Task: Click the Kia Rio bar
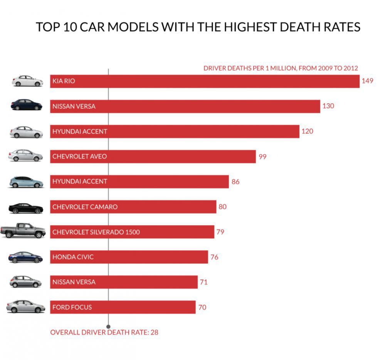205,81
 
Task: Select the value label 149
367,81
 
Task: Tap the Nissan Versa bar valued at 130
185,106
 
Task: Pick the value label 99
262,156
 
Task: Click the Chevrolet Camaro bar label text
85,207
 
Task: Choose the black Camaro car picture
25,208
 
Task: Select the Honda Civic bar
129,257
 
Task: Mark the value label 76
214,257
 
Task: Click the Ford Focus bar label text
72,308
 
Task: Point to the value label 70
202,308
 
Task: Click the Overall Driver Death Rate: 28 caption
104,332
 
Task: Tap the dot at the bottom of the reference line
108,327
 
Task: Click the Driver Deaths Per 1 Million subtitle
281,68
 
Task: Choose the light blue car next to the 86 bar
26,182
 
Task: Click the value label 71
203,282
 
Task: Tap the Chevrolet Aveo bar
153,156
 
